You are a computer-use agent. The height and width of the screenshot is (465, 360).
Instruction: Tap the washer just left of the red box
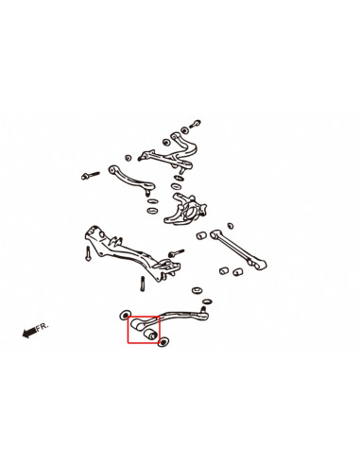pos(124,314)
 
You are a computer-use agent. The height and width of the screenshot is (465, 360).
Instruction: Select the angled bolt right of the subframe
pos(177,252)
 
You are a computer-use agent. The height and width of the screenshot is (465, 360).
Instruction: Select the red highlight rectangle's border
pos(128,330)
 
